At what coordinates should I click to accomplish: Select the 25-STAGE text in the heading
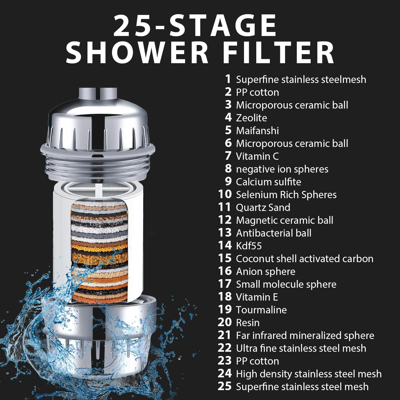[195, 26]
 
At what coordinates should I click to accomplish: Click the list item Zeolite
[251, 118]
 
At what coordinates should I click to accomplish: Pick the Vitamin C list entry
[257, 156]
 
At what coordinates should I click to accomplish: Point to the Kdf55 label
[249, 246]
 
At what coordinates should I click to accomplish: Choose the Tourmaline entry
[261, 310]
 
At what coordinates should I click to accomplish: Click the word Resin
[247, 323]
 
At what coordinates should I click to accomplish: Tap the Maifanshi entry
[257, 131]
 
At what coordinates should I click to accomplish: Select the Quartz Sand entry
[263, 207]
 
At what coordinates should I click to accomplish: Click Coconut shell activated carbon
[305, 259]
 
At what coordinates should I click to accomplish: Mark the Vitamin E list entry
[257, 297]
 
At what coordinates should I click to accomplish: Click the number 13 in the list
[225, 233]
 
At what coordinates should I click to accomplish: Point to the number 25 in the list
[225, 386]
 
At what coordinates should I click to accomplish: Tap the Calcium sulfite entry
[268, 182]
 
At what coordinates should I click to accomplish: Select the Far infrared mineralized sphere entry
[305, 335]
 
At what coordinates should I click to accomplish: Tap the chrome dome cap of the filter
[97, 120]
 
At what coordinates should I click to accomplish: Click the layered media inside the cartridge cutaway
[99, 253]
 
